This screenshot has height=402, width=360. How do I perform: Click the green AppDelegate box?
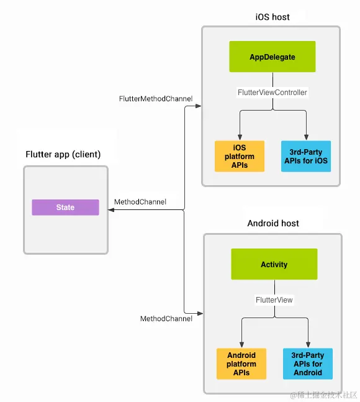(x=272, y=57)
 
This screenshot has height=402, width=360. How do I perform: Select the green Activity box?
(x=274, y=264)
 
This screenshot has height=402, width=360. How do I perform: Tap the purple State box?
(x=65, y=208)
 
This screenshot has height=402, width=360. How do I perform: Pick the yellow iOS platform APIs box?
(x=240, y=156)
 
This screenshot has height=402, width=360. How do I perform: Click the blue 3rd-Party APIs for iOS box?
(x=305, y=156)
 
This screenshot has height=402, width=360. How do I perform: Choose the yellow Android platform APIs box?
(x=241, y=363)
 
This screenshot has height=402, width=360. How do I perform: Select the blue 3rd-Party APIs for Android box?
(x=308, y=363)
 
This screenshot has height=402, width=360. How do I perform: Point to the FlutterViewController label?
(x=272, y=93)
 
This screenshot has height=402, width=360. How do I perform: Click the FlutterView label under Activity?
(x=274, y=299)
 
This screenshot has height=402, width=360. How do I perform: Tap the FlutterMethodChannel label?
(x=156, y=99)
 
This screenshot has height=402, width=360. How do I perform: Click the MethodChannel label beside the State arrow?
(x=140, y=202)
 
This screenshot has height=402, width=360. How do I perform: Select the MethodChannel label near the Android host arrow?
(x=166, y=319)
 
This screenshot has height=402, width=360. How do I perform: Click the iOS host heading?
(x=272, y=17)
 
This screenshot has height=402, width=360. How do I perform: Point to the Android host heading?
(x=273, y=223)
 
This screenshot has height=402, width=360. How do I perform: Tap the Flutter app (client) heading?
(x=63, y=154)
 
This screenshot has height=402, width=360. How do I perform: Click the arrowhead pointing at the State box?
(x=112, y=211)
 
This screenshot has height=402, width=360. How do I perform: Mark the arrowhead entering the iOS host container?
(x=198, y=106)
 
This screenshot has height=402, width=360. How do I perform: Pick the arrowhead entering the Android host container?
(x=199, y=313)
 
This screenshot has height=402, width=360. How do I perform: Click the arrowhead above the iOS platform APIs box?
(x=240, y=136)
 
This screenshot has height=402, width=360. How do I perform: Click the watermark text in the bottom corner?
(x=323, y=395)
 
